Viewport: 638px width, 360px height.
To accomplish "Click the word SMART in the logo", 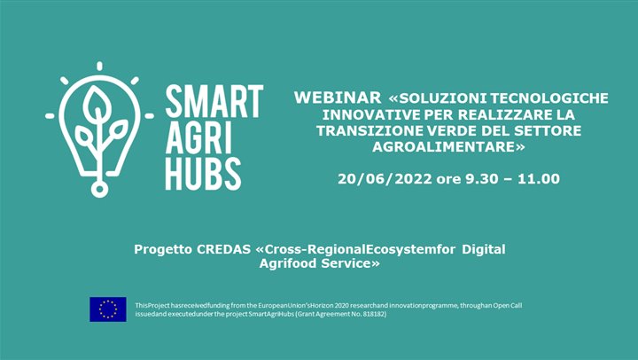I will [214, 102].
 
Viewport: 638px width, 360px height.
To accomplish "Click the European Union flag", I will [107, 309].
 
